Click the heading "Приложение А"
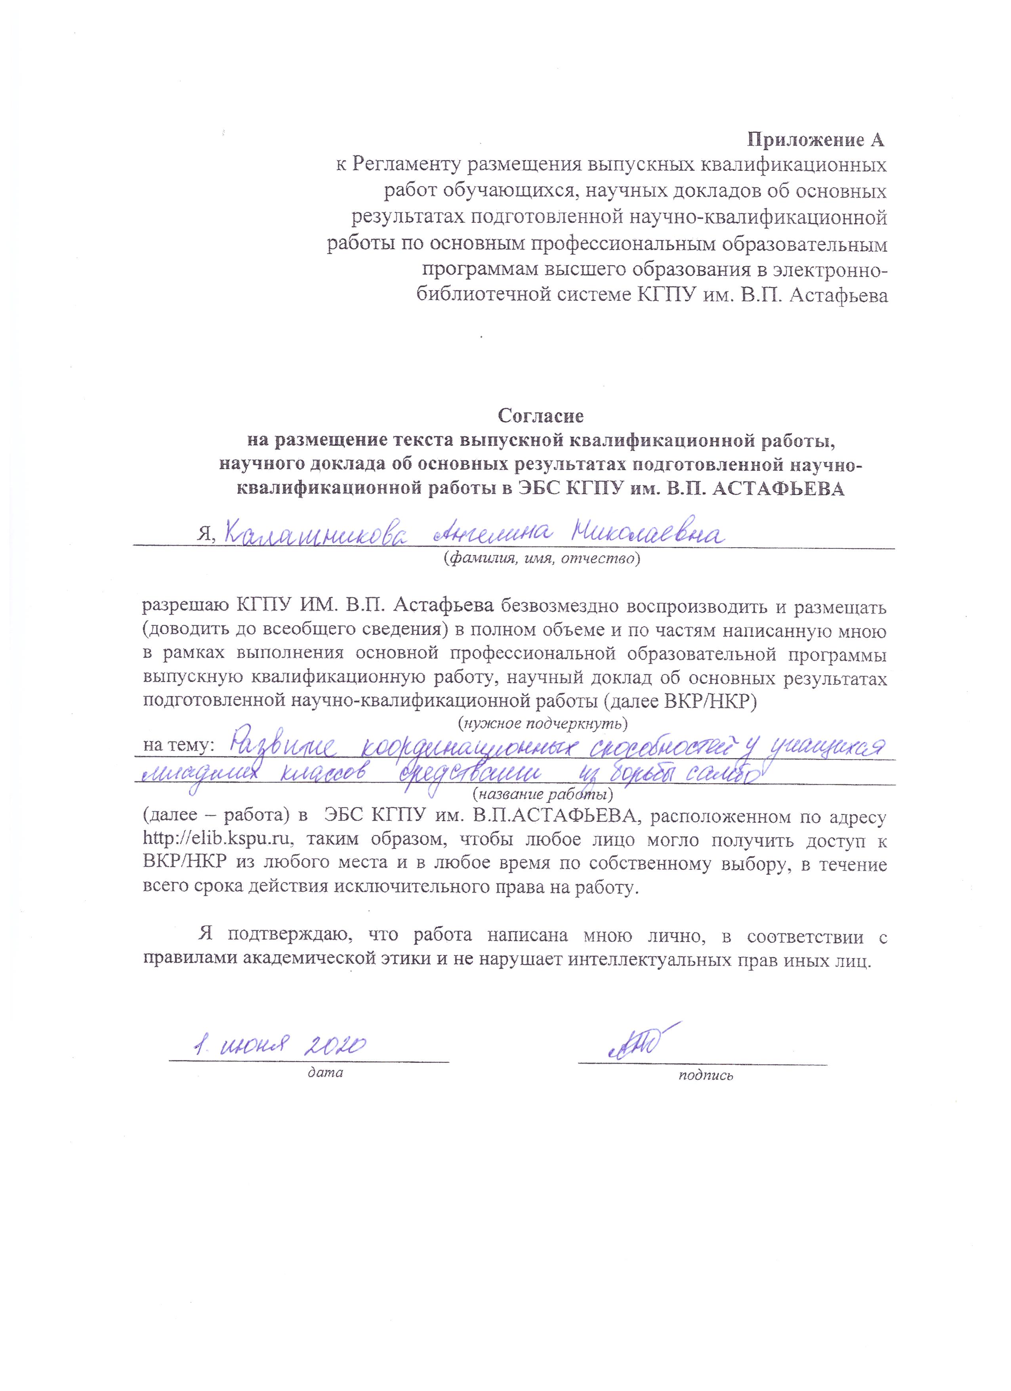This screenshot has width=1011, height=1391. click(815, 140)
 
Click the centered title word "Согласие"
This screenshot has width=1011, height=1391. click(541, 416)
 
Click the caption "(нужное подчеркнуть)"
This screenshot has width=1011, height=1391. click(543, 723)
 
